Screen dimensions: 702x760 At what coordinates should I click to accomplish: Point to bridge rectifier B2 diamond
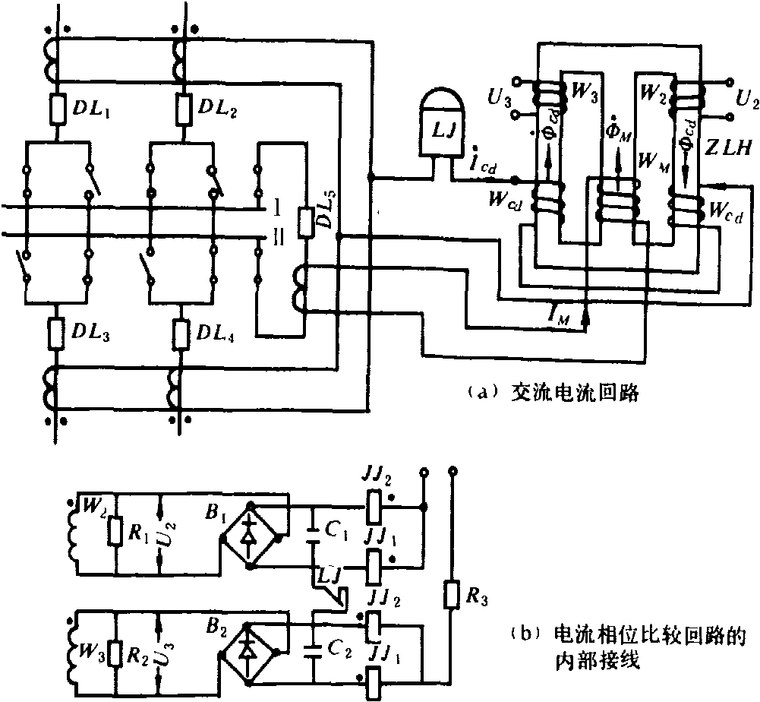coord(248,651)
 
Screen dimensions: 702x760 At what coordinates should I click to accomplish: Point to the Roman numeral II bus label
coord(278,238)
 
